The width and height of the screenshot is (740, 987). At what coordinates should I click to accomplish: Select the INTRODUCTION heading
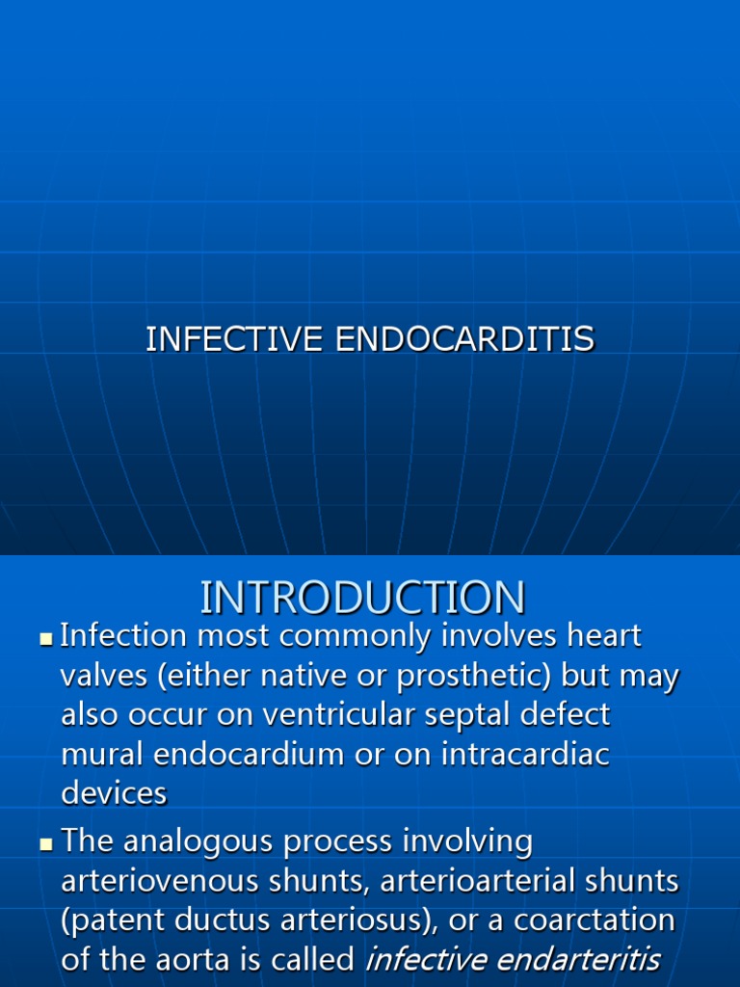pyautogui.click(x=362, y=598)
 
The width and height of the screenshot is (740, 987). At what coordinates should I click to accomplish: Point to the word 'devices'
pyautogui.click(x=114, y=793)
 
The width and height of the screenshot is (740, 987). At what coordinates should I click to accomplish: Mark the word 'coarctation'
pyautogui.click(x=592, y=920)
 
